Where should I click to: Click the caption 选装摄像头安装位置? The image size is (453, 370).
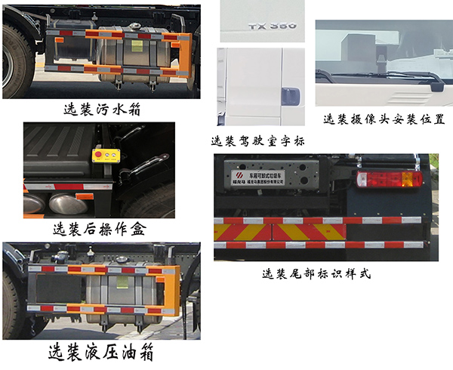383,119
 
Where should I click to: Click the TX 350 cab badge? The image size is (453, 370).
273,26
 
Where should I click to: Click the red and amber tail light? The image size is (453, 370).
390,180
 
